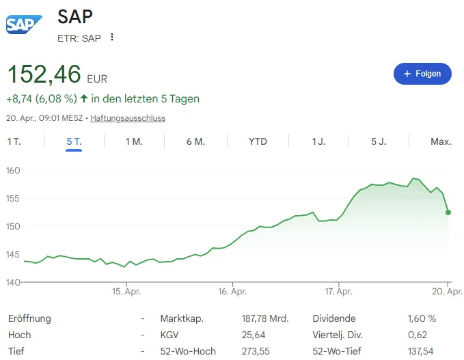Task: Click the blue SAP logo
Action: click(24, 25)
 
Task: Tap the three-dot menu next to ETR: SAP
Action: click(112, 38)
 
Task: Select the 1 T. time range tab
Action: click(14, 141)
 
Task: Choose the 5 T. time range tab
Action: click(74, 141)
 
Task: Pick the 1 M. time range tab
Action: click(134, 141)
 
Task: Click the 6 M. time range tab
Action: click(195, 141)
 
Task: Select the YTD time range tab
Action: click(258, 141)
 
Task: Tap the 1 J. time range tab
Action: click(318, 141)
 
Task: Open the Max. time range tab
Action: click(441, 141)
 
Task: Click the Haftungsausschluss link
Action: click(128, 118)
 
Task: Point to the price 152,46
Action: click(44, 74)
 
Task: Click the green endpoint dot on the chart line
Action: click(448, 212)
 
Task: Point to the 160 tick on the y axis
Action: click(14, 170)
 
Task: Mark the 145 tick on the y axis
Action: click(14, 254)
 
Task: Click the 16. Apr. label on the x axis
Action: click(232, 292)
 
